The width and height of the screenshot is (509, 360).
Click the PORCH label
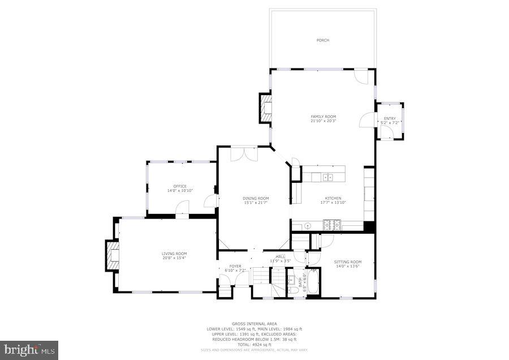pyautogui.click(x=323, y=40)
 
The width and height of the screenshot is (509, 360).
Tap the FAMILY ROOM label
pyautogui.click(x=323, y=116)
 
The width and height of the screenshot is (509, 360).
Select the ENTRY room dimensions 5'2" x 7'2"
pyautogui.click(x=390, y=123)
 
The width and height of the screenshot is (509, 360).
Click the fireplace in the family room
pyautogui.click(x=265, y=108)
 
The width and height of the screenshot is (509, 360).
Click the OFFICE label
pyautogui.click(x=180, y=186)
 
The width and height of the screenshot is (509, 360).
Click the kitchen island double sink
pyautogui.click(x=327, y=177)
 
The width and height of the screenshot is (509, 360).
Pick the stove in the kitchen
pyautogui.click(x=332, y=225)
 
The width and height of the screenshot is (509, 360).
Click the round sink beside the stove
pyautogui.click(x=308, y=225)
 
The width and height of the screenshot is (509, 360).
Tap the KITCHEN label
pyautogui.click(x=333, y=198)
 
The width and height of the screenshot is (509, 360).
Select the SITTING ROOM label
pyautogui.click(x=347, y=262)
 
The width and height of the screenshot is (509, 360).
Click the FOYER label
pyautogui.click(x=235, y=266)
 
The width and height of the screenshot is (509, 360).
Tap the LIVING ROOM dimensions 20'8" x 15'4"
pyautogui.click(x=174, y=258)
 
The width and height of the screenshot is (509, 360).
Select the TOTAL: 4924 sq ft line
pyautogui.click(x=254, y=344)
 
